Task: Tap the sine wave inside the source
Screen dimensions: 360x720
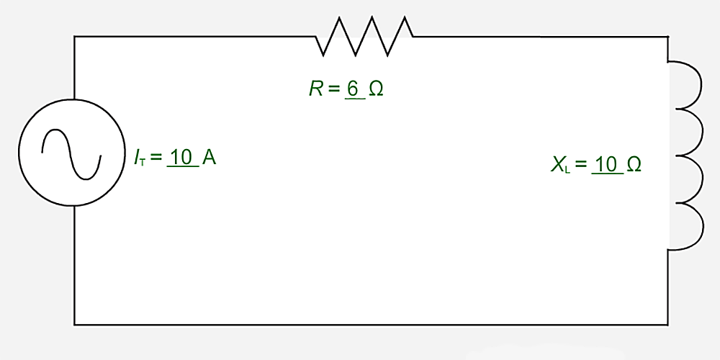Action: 72,153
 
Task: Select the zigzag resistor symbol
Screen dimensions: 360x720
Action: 364,37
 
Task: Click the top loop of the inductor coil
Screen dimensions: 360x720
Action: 687,84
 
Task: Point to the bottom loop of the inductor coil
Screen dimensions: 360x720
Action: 687,226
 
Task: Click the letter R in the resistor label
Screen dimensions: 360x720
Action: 316,89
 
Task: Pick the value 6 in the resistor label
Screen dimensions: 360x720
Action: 353,89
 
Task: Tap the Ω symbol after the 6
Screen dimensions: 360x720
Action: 376,89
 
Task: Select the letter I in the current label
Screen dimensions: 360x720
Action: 136,158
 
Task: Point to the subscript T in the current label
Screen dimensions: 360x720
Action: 143,161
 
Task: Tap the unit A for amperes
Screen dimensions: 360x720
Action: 210,158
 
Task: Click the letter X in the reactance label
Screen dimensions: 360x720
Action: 558,165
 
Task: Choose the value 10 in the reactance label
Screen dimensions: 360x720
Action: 606,165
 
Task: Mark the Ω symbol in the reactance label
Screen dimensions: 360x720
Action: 634,165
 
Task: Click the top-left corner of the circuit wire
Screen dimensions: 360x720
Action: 75,37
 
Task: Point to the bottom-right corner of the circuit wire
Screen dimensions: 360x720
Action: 667,324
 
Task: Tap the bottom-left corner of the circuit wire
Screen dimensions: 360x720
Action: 75,324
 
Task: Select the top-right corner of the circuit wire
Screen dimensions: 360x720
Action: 667,37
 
